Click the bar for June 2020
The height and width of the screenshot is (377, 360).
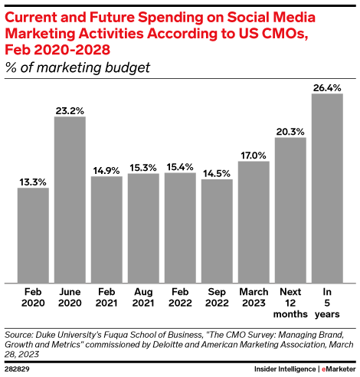click(70, 199)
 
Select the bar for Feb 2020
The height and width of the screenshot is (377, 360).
click(33, 234)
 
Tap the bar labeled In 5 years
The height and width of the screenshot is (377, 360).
click(327, 188)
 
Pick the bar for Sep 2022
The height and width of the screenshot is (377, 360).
click(217, 231)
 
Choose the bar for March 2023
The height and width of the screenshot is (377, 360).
click(254, 221)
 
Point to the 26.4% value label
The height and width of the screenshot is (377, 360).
click(327, 87)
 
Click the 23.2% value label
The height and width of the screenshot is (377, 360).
click(70, 110)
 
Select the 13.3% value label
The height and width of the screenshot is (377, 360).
click(33, 182)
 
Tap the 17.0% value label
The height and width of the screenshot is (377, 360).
click(254, 155)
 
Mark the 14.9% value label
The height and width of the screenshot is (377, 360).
click(106, 170)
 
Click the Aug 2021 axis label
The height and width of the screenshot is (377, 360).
click(143, 297)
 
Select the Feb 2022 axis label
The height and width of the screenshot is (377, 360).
click(180, 297)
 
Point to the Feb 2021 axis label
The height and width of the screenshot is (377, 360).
click(106, 297)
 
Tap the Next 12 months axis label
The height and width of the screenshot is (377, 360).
click(290, 303)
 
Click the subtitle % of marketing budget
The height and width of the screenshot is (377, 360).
click(77, 67)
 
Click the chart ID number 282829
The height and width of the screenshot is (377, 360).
click(21, 368)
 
